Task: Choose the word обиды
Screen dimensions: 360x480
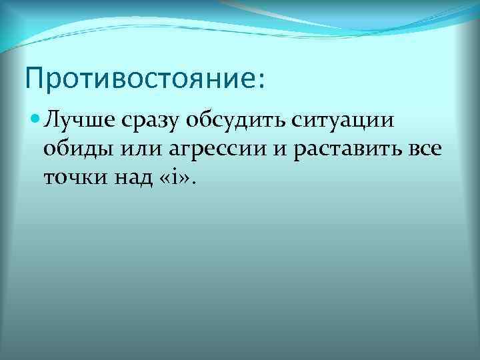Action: point(74,149)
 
